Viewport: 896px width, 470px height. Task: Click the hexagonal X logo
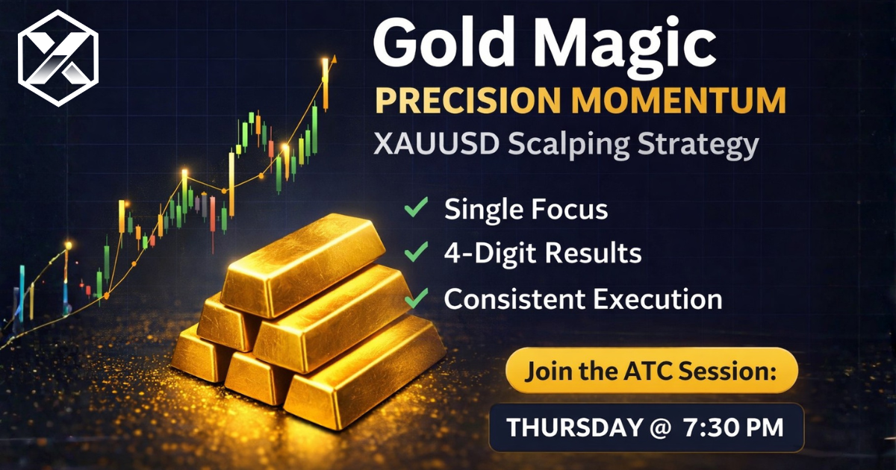(58, 57)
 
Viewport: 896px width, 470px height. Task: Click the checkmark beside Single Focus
(415, 209)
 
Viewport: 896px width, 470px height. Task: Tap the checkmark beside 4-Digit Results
(415, 253)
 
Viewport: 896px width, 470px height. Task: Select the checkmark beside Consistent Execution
(415, 298)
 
